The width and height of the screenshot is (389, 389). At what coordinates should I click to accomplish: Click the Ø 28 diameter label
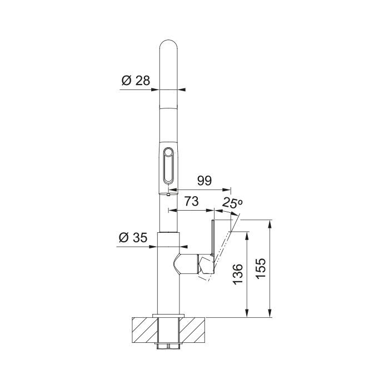[x=136, y=81]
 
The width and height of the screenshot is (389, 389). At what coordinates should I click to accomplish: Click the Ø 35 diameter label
[x=133, y=237]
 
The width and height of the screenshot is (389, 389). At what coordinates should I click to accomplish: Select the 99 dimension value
[x=205, y=181]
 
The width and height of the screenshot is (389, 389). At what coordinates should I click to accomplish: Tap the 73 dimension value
[x=191, y=201]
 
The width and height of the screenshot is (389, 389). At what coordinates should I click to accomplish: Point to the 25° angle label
[x=232, y=202]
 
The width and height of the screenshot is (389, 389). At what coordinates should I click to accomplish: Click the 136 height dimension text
[x=238, y=274]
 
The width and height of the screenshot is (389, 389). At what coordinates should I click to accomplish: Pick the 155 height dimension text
[x=261, y=268]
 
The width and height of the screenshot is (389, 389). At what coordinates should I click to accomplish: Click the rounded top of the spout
[x=168, y=44]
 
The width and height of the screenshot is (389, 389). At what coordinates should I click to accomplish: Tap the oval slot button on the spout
[x=168, y=166]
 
